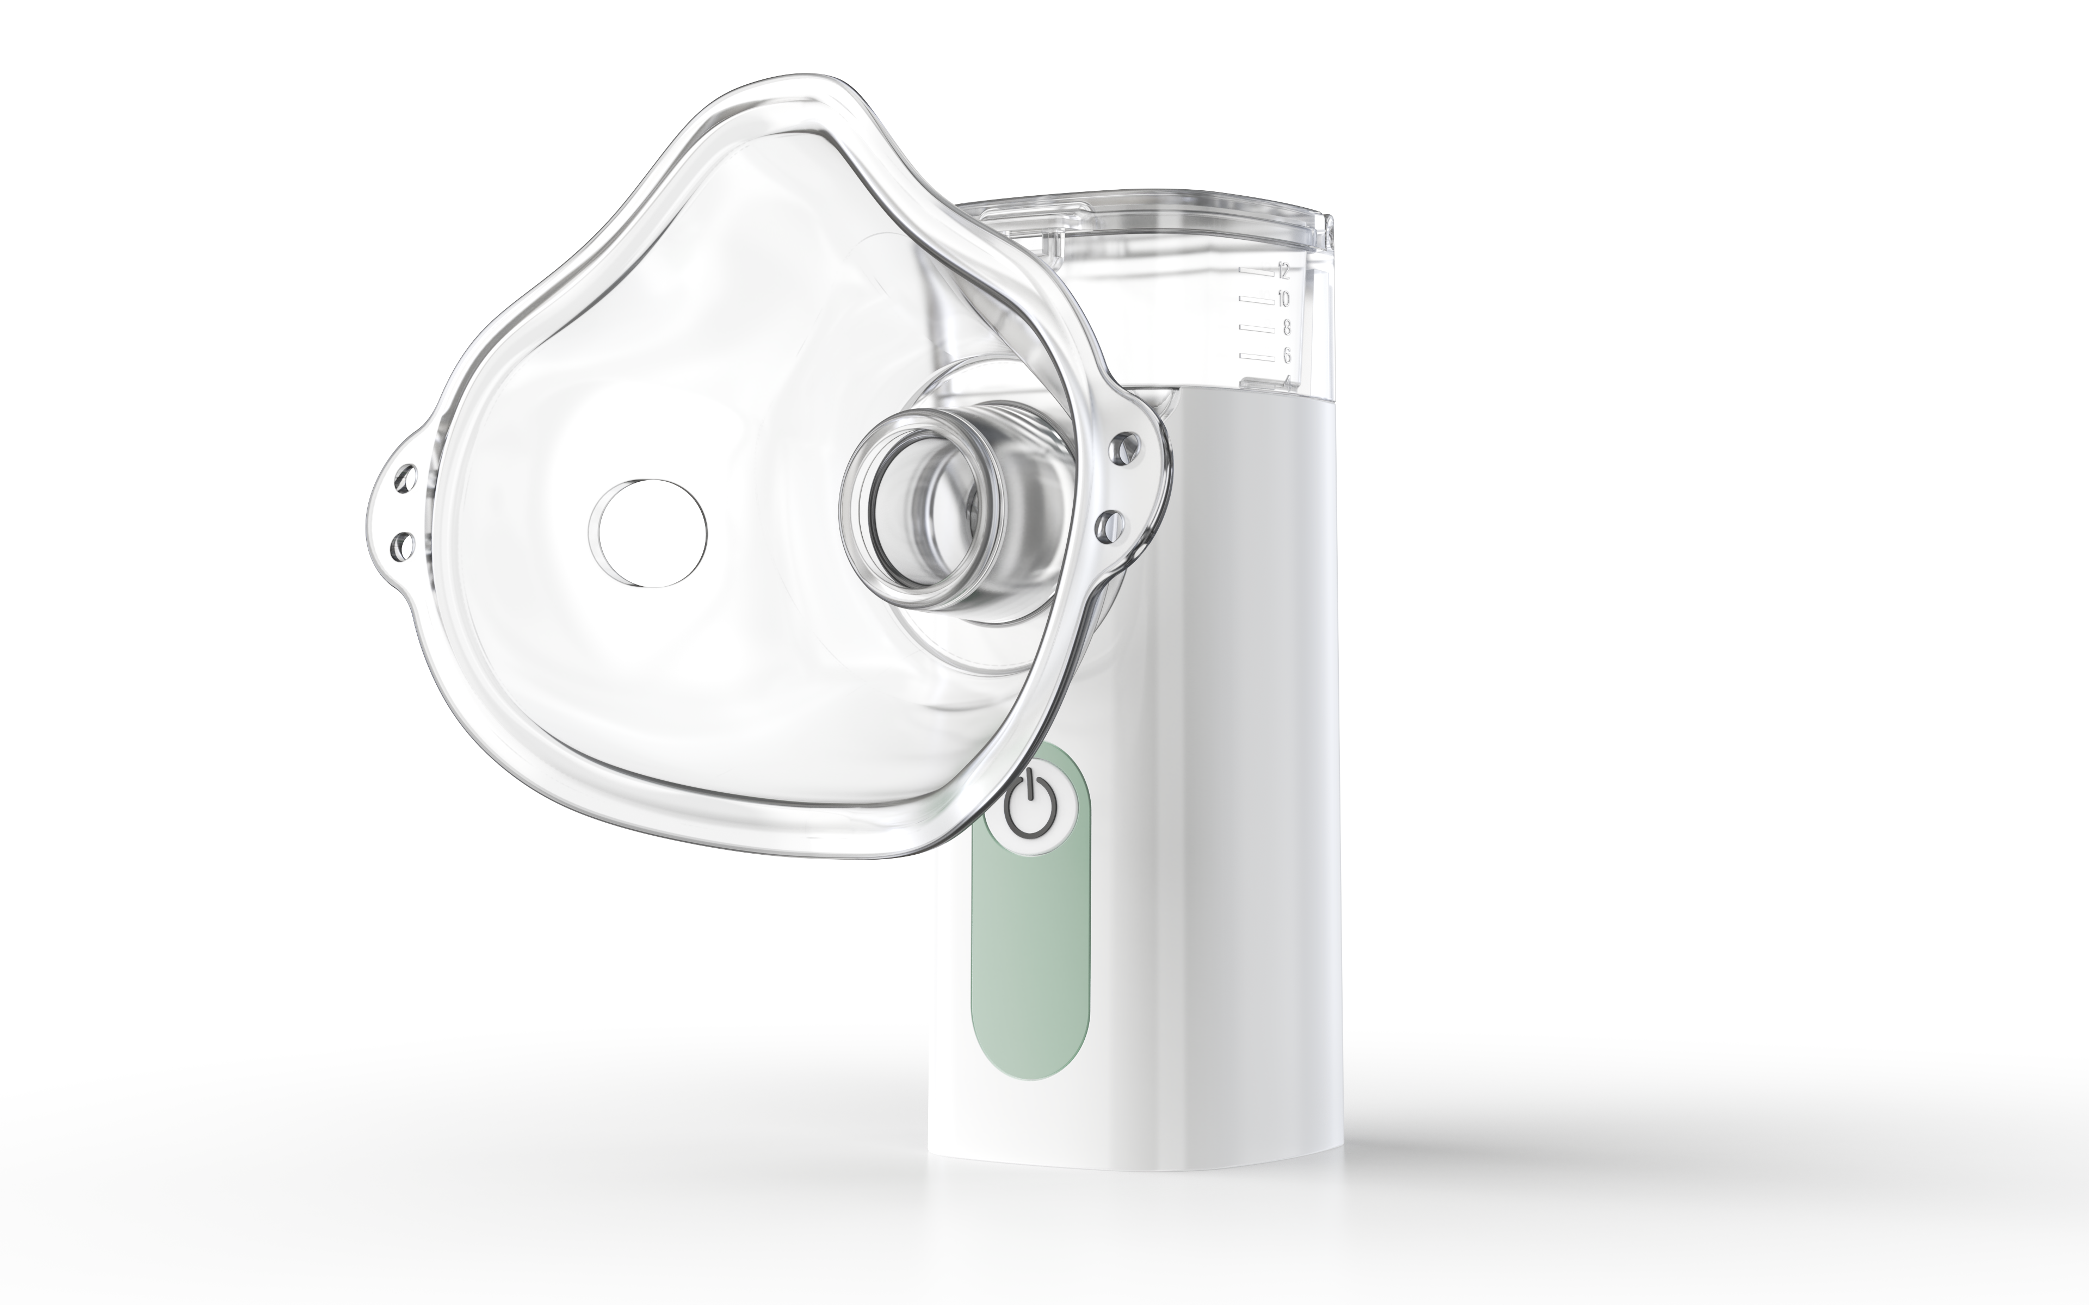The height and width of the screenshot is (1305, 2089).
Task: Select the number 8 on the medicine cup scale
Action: [1285, 327]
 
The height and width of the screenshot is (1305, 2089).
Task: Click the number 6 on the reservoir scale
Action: [1285, 355]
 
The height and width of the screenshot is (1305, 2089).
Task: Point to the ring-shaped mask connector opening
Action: [920, 509]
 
